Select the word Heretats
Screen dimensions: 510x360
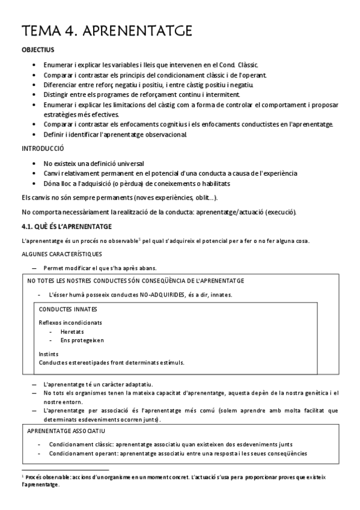(x=72, y=331)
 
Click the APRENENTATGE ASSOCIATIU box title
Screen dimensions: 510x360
(x=67, y=431)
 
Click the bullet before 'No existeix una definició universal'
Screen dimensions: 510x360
(x=31, y=164)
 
